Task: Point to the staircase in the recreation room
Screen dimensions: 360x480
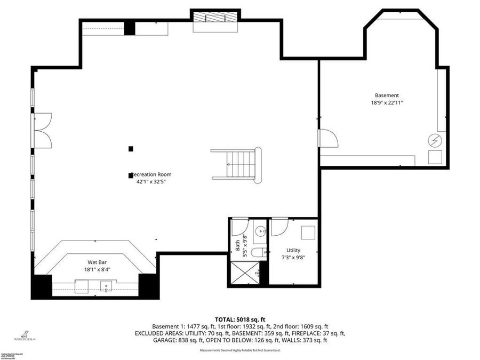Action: [237, 164]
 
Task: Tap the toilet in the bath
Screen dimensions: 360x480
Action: [258, 253]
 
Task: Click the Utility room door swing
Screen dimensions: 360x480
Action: [278, 227]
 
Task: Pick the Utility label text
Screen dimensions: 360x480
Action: [293, 250]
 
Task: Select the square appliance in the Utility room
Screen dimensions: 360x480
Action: [308, 233]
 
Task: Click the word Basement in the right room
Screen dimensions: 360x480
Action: [387, 95]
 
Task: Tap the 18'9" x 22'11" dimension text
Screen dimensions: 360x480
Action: [387, 103]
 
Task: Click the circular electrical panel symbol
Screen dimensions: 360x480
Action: [436, 140]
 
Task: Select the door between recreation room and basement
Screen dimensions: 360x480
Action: [328, 139]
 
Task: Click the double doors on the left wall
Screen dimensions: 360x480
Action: [42, 131]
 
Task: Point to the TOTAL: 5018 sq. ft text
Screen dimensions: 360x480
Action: [239, 319]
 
